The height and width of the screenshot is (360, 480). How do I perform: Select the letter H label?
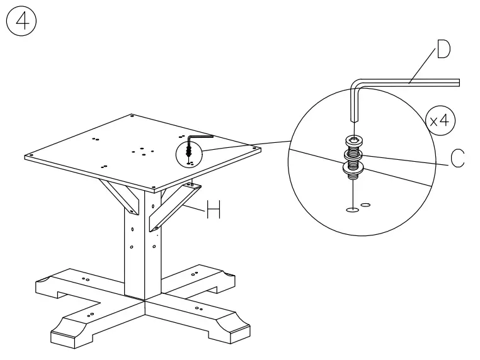coord(214,211)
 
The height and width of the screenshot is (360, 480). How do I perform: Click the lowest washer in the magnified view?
coord(354,168)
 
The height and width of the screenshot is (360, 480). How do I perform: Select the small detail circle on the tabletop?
coord(189,152)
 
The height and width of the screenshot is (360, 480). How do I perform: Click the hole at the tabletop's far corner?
coord(132,116)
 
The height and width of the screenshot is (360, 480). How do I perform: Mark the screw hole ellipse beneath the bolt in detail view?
coord(353,208)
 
